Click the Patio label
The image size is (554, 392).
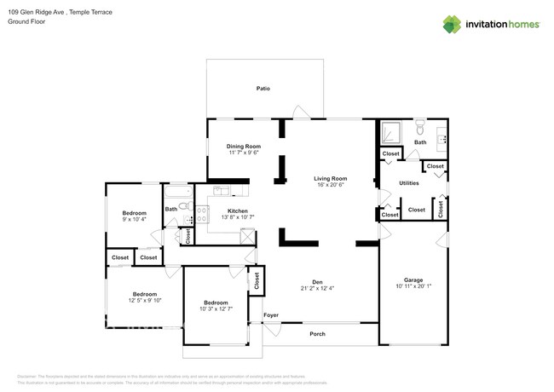coord(263,89)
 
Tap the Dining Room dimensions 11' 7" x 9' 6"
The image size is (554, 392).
coord(243,153)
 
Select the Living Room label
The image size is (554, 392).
coord(330,178)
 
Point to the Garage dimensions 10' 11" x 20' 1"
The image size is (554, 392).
coord(413,286)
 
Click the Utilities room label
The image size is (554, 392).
coord(409,183)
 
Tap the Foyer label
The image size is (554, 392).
coord(271,315)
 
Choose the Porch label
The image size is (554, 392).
coord(317,334)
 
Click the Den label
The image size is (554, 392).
coord(316,281)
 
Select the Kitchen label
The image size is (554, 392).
coord(237,210)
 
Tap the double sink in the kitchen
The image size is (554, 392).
coord(222,192)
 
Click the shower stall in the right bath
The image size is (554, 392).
coord(391,132)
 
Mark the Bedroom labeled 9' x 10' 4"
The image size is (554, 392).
coord(134,213)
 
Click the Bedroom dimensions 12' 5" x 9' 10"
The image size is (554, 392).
coord(144,300)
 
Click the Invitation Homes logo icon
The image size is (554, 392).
coord(452,24)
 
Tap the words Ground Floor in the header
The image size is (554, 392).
coord(25,21)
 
